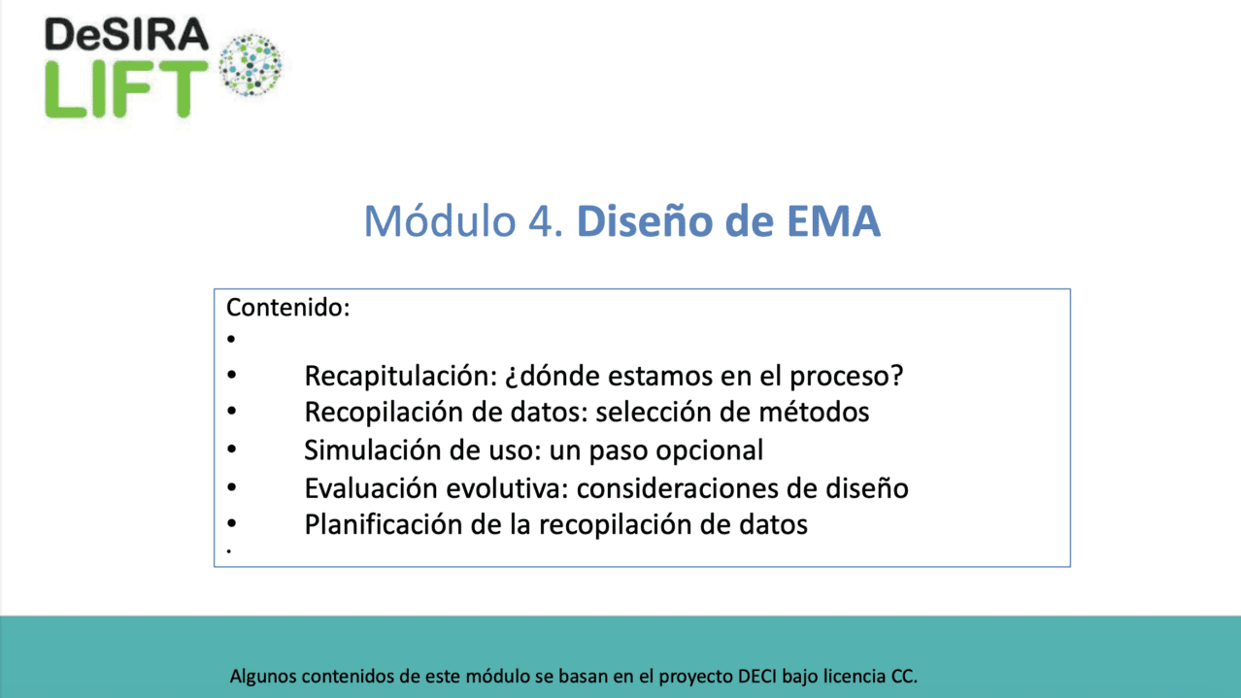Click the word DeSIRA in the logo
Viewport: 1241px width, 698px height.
(x=126, y=34)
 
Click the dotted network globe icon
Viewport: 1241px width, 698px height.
(x=250, y=65)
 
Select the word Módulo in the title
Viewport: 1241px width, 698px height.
(x=440, y=221)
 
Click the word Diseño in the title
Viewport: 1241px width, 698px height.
(x=645, y=221)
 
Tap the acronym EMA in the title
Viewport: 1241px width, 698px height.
(x=833, y=221)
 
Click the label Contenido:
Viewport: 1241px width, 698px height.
(x=288, y=308)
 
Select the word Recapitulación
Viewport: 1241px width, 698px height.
(x=401, y=377)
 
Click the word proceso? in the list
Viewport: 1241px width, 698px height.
(x=846, y=377)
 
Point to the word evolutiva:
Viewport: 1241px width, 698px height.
(x=508, y=488)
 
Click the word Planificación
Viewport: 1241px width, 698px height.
(x=384, y=524)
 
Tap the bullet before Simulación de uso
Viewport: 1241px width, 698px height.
(x=231, y=449)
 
